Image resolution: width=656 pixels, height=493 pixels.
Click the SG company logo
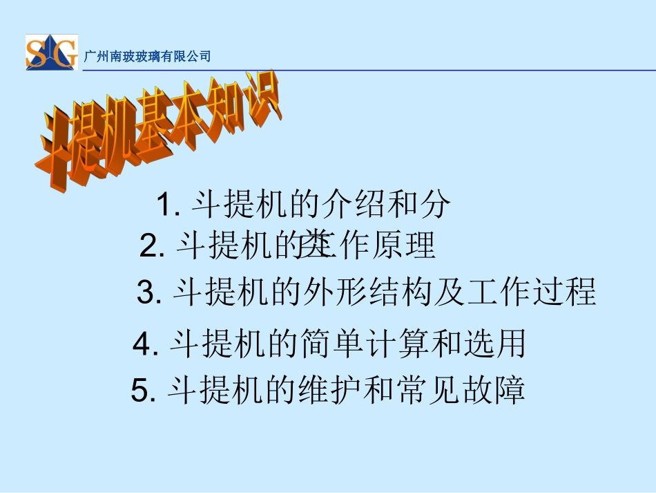point(51,53)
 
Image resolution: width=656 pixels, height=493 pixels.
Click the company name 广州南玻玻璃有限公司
point(146,57)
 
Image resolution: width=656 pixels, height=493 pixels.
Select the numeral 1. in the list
point(168,205)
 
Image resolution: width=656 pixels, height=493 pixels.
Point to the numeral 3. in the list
point(149,292)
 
